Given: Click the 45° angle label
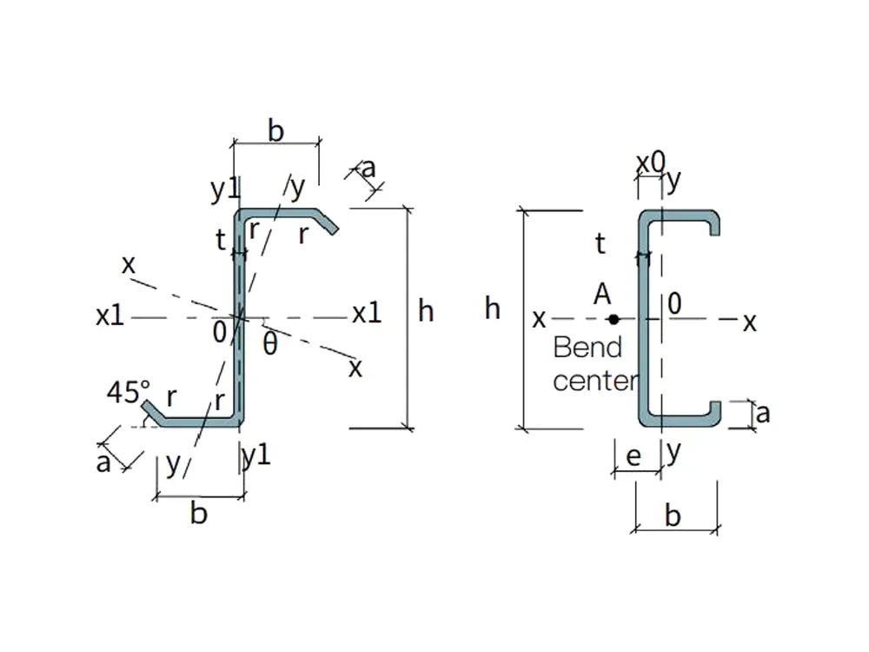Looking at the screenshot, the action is pyautogui.click(x=129, y=391).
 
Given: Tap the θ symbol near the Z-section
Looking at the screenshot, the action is pyautogui.click(x=270, y=343).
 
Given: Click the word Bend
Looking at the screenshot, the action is pyautogui.click(x=587, y=348).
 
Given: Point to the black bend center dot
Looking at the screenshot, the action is pyautogui.click(x=614, y=319).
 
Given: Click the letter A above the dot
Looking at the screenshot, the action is pyautogui.click(x=602, y=294).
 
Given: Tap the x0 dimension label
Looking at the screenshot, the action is pyautogui.click(x=650, y=163).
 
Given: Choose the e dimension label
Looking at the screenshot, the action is pyautogui.click(x=634, y=456).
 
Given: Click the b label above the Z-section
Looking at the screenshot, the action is pyautogui.click(x=275, y=131).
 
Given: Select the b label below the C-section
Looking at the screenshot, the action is pyautogui.click(x=673, y=516).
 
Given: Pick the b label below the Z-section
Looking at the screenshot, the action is pyautogui.click(x=198, y=512).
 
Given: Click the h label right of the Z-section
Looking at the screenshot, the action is pyautogui.click(x=426, y=311).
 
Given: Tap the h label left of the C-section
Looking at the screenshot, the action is pyautogui.click(x=492, y=309).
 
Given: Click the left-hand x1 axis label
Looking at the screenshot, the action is pyautogui.click(x=109, y=316).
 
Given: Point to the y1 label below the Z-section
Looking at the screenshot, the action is pyautogui.click(x=256, y=456).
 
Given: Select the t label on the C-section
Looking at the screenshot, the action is pyautogui.click(x=600, y=243).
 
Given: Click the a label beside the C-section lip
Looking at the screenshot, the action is pyautogui.click(x=763, y=414).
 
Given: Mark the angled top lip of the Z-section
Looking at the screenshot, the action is pyautogui.click(x=327, y=221).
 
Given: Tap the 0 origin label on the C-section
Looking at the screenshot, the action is pyautogui.click(x=674, y=303).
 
